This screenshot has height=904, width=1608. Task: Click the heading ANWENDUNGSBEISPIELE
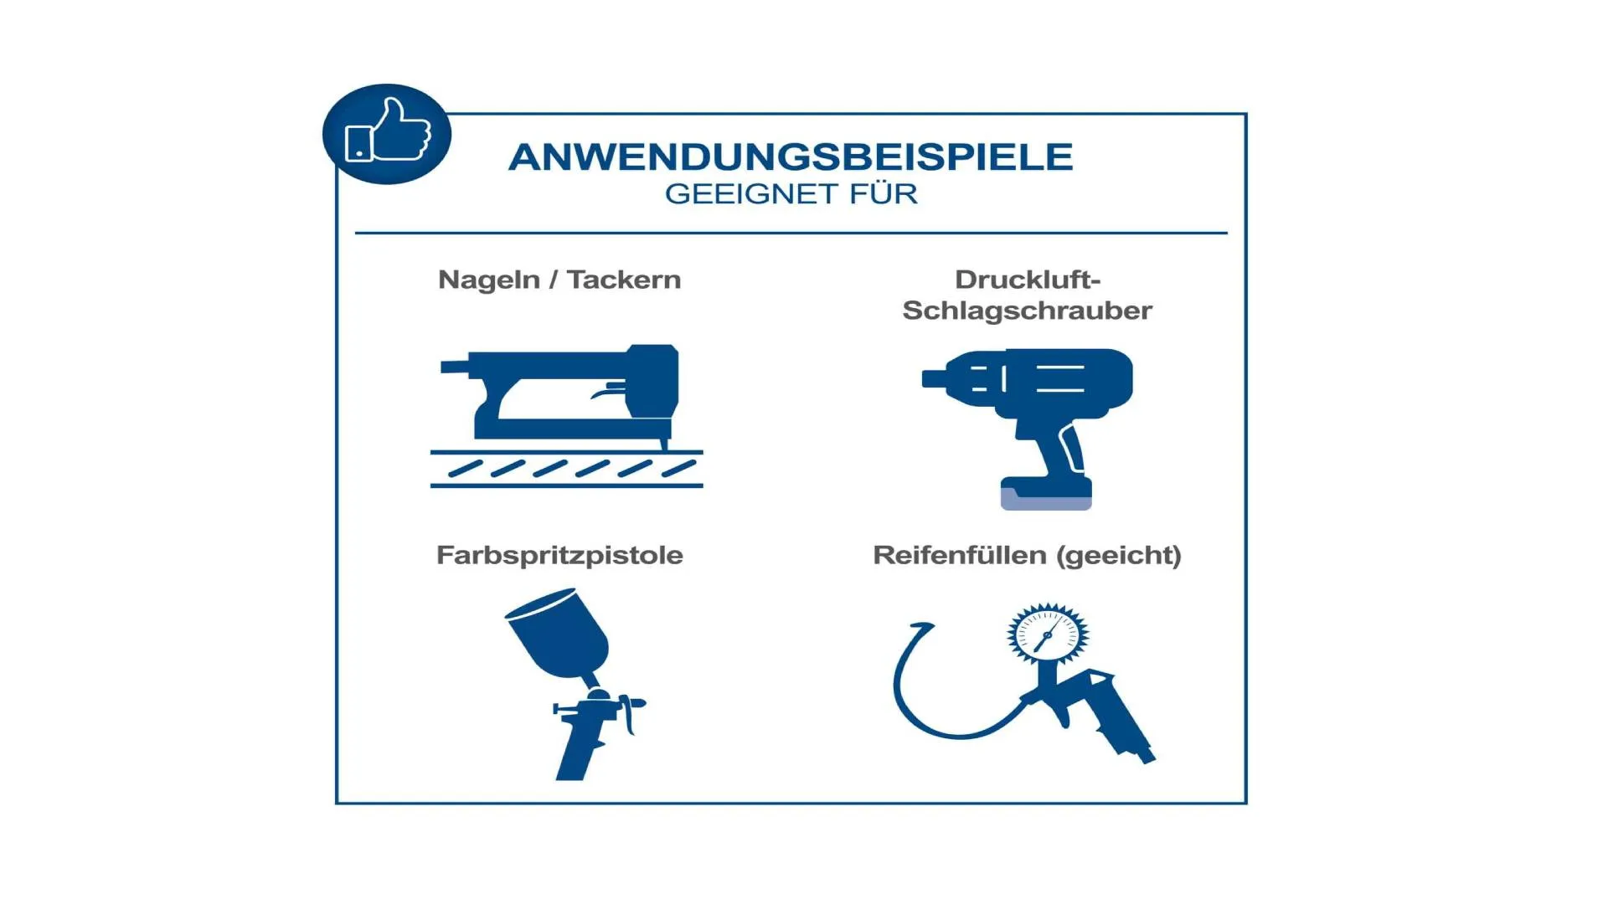[x=791, y=157]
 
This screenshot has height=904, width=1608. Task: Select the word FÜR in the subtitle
[x=884, y=193]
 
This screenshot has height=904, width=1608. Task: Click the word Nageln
[x=489, y=280]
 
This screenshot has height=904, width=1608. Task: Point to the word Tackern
[x=624, y=280]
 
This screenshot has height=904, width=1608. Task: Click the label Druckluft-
[x=1027, y=280]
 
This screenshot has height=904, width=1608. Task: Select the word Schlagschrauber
[x=1027, y=311]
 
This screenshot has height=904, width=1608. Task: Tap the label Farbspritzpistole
[x=559, y=556]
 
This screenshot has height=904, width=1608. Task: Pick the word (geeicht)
[x=1119, y=556]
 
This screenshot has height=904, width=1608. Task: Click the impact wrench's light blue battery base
[x=1046, y=499]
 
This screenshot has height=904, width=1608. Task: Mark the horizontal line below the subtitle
[x=791, y=233]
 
